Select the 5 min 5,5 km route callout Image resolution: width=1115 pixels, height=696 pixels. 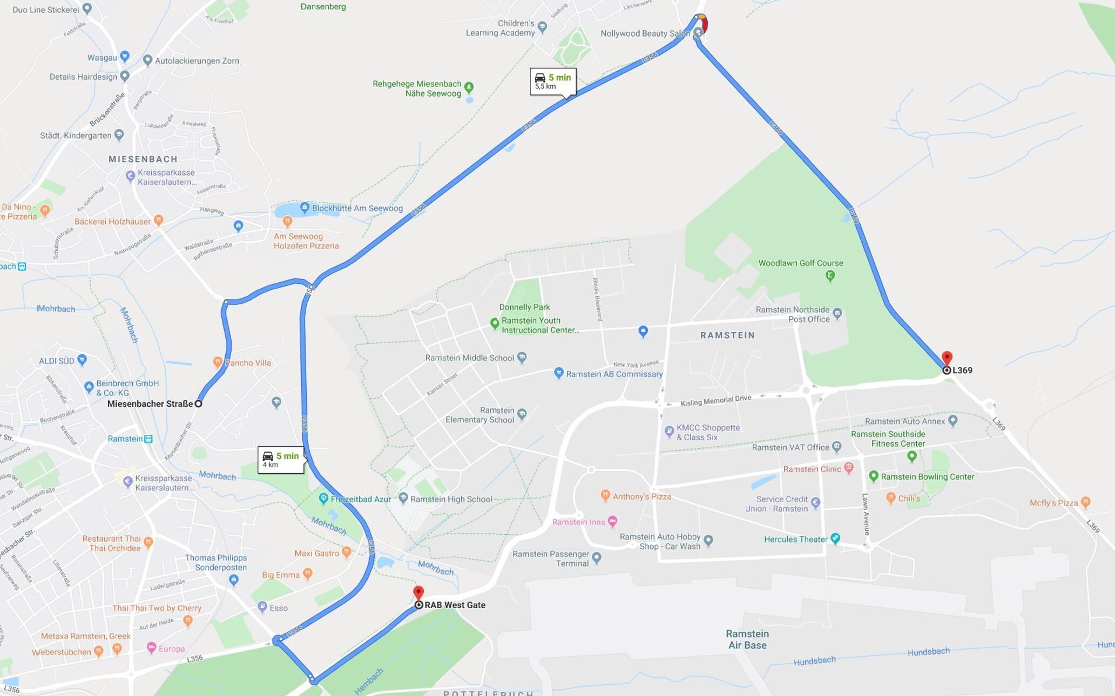553,81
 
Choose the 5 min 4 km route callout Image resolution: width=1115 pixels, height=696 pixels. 281,460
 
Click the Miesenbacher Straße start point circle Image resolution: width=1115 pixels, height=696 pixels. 198,404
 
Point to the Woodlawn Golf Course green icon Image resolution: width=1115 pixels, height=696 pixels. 830,276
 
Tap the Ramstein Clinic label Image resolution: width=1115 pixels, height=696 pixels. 812,469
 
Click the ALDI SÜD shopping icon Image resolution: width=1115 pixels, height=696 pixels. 82,359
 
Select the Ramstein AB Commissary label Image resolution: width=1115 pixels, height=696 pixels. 614,374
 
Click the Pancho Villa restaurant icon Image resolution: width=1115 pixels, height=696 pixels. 218,362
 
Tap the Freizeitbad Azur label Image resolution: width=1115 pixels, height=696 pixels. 360,499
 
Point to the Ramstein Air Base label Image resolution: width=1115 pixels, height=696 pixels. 747,639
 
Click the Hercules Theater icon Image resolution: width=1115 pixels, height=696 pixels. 835,538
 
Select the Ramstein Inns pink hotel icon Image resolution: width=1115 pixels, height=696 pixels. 612,521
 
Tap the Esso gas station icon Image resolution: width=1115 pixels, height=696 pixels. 262,607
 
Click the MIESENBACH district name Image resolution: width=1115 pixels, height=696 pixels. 143,159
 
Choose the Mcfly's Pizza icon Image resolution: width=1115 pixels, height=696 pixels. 1085,502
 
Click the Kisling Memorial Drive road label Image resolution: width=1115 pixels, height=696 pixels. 715,401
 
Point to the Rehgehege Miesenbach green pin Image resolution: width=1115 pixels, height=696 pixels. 469,87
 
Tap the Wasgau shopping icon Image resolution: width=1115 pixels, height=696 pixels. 125,56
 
